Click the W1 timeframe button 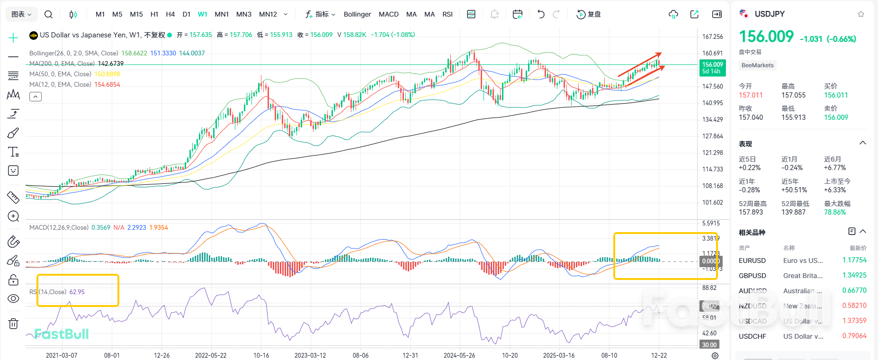click(202, 14)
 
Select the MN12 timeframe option click(268, 14)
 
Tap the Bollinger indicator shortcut click(357, 14)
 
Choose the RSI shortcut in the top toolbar click(448, 14)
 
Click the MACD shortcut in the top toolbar click(388, 14)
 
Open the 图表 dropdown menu click(21, 14)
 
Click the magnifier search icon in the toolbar click(48, 14)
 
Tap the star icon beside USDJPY click(861, 14)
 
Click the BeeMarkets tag click(757, 65)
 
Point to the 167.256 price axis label click(712, 36)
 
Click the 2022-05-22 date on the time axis click(211, 355)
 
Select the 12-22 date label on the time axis click(659, 355)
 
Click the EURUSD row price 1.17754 click(854, 260)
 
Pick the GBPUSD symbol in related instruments click(752, 276)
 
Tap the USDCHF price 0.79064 click(854, 336)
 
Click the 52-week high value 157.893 click(751, 212)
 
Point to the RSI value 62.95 click(77, 292)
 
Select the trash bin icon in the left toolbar click(13, 324)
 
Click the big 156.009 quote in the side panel click(766, 36)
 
